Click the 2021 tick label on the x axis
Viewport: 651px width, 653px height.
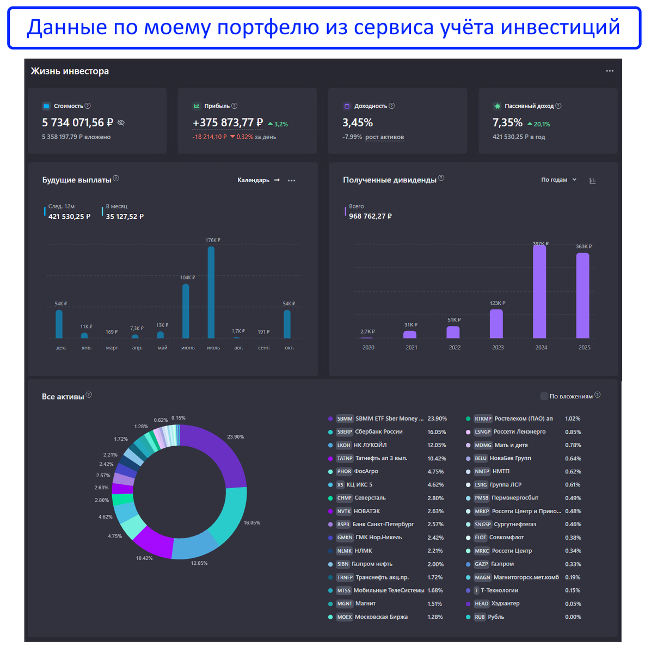[x=412, y=348]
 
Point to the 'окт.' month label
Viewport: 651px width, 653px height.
[x=289, y=348]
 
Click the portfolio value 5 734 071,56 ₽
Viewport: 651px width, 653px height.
[x=77, y=123]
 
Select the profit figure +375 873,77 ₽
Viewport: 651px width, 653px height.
[x=228, y=123]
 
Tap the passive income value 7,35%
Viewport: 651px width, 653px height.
[x=507, y=123]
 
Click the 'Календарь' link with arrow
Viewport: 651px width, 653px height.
[x=259, y=180]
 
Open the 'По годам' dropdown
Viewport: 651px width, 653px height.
[x=558, y=180]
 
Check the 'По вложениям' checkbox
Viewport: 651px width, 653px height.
[x=544, y=396]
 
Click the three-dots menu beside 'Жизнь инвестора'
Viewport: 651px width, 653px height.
[x=610, y=71]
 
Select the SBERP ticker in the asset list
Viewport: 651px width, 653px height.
[x=345, y=432]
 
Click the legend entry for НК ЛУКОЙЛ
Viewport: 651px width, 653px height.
[x=370, y=445]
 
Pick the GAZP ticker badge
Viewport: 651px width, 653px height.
[x=481, y=564]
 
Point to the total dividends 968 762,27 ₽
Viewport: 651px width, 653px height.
[x=370, y=217]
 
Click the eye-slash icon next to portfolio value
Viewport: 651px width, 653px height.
[x=121, y=123]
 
